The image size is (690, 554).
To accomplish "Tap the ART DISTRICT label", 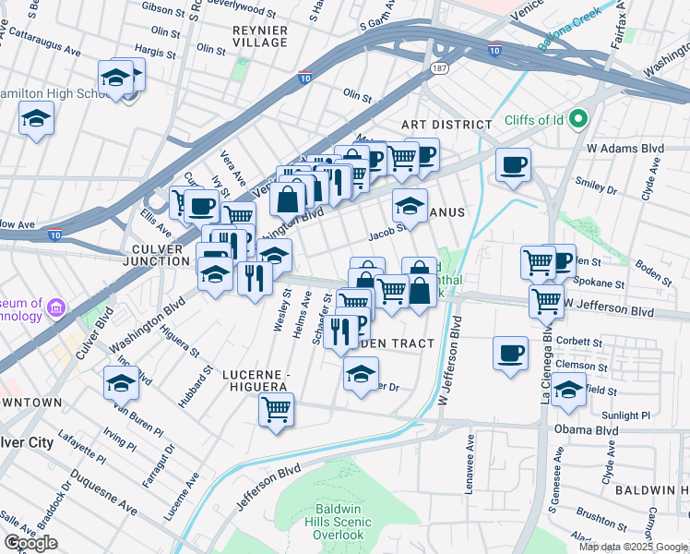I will pyautogui.click(x=446, y=125).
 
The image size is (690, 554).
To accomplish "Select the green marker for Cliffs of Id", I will pyautogui.click(x=578, y=119).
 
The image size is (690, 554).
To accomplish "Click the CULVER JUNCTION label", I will pyautogui.click(x=161, y=256).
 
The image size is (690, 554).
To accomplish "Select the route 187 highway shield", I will pyautogui.click(x=439, y=69).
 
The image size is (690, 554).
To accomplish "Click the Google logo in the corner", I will pyautogui.click(x=30, y=542).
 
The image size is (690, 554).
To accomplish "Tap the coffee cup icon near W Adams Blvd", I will pyautogui.click(x=513, y=165).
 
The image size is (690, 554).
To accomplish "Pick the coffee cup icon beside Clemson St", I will pyautogui.click(x=511, y=354).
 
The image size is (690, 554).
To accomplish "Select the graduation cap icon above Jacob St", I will pyautogui.click(x=410, y=205).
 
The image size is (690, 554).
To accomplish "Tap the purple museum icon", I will pyautogui.click(x=55, y=307).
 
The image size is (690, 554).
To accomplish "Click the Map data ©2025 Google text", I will pyautogui.click(x=632, y=547).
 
